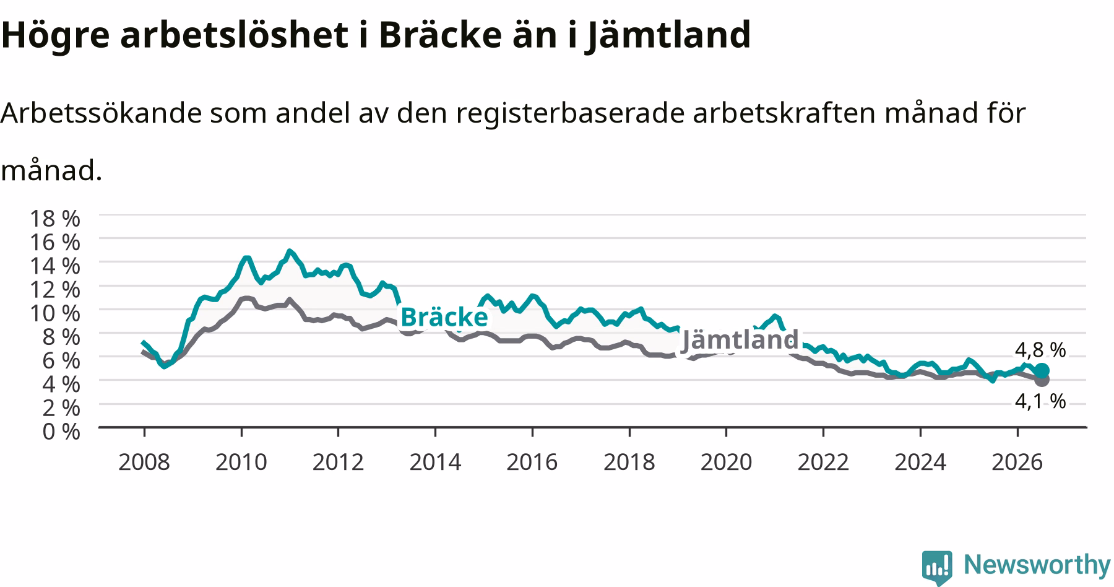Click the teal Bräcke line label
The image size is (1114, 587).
coord(444,317)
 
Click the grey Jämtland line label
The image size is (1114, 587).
coord(740,340)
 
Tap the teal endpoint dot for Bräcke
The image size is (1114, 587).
coord(1042,371)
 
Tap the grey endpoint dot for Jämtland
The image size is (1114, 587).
coord(1042,380)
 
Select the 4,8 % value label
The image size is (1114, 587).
coord(1040,350)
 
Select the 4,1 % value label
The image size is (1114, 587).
coord(1040,402)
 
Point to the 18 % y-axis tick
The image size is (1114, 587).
coord(55,218)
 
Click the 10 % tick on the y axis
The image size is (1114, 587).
coord(55,313)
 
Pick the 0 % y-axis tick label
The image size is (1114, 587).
coord(61,432)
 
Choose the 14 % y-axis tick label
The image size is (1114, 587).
coord(55,266)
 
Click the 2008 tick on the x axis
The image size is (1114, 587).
coord(144,462)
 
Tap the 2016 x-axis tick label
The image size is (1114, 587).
coord(532,462)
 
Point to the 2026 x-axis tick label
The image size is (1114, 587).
coord(1017,462)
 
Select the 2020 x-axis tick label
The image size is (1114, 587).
coord(726,462)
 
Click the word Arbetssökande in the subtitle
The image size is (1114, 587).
coord(101,113)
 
